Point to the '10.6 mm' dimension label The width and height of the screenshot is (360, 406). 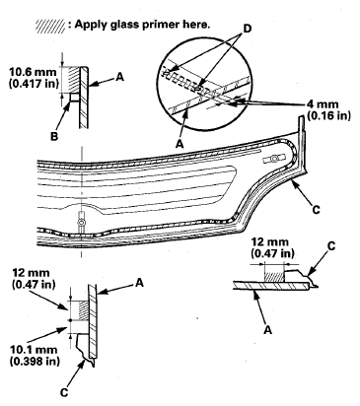pyautogui.click(x=30, y=71)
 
